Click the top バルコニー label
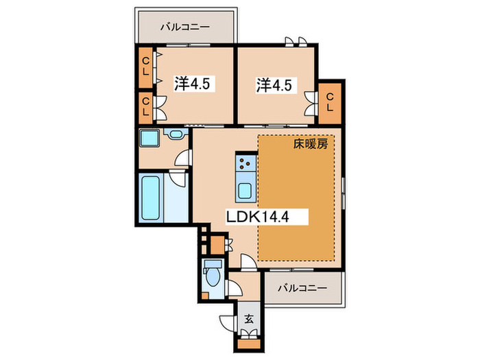(185, 27)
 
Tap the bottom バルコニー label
(302, 288)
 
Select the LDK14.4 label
(257, 217)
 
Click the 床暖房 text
(311, 143)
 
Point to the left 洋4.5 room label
(192, 83)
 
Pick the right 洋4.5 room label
(274, 85)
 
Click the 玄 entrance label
(249, 320)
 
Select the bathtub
(151, 197)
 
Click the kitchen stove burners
(245, 163)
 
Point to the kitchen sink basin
(245, 191)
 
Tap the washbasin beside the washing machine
(176, 134)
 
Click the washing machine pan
(149, 139)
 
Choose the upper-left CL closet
(145, 67)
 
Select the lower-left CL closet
(145, 107)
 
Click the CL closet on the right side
(330, 103)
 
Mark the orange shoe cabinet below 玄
(249, 344)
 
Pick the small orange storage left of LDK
(217, 245)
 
